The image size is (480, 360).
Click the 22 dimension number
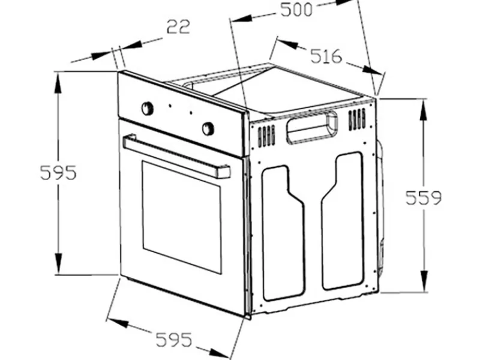coord(178,26)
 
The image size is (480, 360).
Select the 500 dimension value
coord(296,10)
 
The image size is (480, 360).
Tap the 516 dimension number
coord(326,56)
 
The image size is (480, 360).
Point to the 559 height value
coord(424,198)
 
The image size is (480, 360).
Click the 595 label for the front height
coord(58,173)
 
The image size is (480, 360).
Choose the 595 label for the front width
coord(174,339)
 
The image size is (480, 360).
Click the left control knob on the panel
coord(147,109)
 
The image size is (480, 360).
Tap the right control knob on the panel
coord(208,128)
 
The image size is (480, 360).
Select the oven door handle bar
coord(176,156)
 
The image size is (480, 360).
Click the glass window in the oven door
coord(181,217)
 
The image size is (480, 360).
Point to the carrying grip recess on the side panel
coord(311,127)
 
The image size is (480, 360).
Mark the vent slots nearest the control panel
coord(266,136)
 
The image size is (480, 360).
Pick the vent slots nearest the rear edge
coord(357,119)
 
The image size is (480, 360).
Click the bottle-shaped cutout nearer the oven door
coord(283,233)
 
